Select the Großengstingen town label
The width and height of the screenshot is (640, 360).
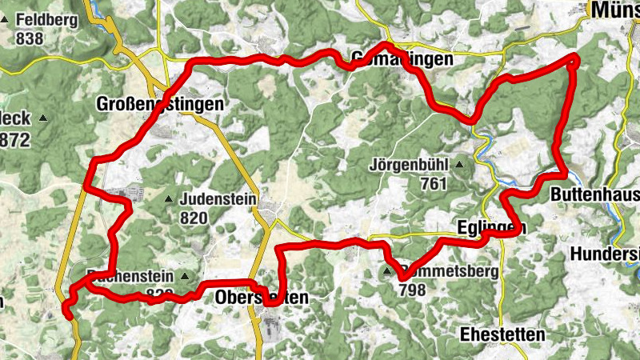(x=158, y=104)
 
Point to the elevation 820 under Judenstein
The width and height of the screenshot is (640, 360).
(x=194, y=218)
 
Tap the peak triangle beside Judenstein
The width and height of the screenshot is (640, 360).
(x=169, y=199)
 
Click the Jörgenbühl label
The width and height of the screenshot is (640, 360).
(x=407, y=166)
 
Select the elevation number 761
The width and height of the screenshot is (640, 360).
(x=433, y=184)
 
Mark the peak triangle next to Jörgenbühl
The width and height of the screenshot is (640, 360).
(x=459, y=166)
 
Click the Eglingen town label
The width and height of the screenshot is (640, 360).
(x=492, y=228)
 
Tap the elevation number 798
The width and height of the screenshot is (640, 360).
(x=411, y=290)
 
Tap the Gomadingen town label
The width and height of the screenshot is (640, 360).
(x=402, y=60)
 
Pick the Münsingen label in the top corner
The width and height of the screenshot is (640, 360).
(x=614, y=10)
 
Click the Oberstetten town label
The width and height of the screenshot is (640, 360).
(x=262, y=298)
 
